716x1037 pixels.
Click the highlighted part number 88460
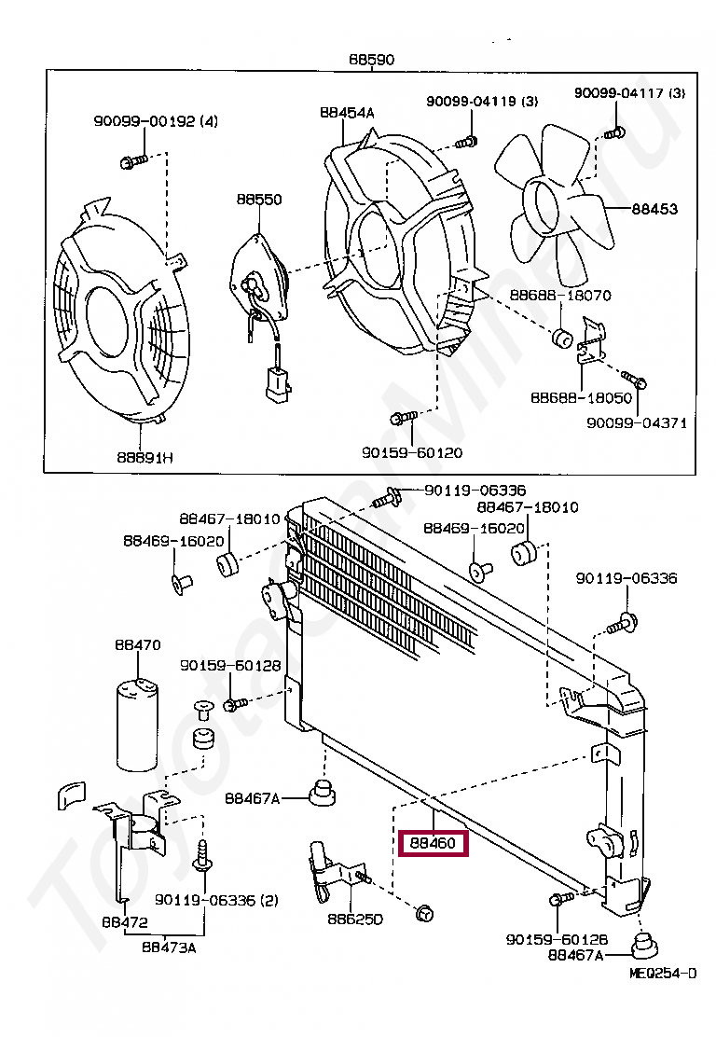coord(433,843)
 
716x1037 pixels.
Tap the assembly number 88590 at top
coord(372,60)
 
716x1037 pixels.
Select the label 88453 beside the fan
coord(654,209)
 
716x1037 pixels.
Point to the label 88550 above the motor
coord(259,199)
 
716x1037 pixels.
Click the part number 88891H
coord(145,457)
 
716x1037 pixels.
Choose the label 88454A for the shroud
coord(347,113)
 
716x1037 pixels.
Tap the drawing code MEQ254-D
coord(663,973)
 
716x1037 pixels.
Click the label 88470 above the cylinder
coord(138,644)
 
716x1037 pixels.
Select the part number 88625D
coord(355,919)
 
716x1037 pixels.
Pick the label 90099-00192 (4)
coord(156,121)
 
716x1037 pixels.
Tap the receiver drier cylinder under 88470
coord(138,725)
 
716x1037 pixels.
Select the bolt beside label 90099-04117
coord(613,133)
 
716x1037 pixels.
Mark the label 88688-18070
coord(560,295)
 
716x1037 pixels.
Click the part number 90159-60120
coord(412,452)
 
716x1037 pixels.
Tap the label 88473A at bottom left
coord(169,947)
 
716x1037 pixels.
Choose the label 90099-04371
coord(637,422)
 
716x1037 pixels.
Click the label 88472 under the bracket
coord(125,922)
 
